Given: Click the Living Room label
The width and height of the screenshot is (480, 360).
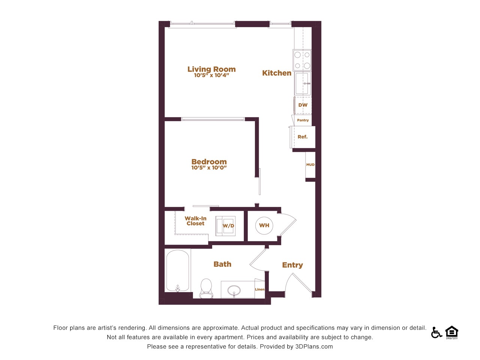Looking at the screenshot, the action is pyautogui.click(x=211, y=69).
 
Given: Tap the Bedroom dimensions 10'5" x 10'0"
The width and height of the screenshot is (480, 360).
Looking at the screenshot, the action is pyautogui.click(x=209, y=168).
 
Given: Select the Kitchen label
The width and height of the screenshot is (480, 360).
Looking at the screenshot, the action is pyautogui.click(x=277, y=73).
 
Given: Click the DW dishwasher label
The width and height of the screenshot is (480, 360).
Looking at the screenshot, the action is pyautogui.click(x=303, y=105).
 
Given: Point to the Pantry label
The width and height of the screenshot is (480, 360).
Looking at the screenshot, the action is pyautogui.click(x=303, y=120).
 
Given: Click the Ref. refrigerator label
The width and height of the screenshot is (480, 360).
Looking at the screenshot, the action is pyautogui.click(x=302, y=136).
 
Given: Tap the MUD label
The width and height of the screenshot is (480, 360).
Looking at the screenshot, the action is pyautogui.click(x=310, y=165).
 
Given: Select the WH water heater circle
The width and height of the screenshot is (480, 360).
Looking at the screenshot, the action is pyautogui.click(x=264, y=225).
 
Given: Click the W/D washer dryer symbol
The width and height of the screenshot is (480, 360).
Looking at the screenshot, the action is pyautogui.click(x=225, y=226).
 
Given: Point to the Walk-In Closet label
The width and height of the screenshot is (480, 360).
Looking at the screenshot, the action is pyautogui.click(x=195, y=221).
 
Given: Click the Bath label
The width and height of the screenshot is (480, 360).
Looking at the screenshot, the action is pyautogui.click(x=222, y=264).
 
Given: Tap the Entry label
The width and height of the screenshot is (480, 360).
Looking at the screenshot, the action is pyautogui.click(x=292, y=265).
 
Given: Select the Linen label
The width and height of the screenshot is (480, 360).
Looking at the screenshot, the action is pyautogui.click(x=259, y=289).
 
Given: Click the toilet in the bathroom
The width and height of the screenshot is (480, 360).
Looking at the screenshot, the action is pyautogui.click(x=206, y=288).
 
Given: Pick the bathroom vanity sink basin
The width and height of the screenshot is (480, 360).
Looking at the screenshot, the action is pyautogui.click(x=234, y=291).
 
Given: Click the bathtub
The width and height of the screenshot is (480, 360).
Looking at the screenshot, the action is pyautogui.click(x=178, y=271).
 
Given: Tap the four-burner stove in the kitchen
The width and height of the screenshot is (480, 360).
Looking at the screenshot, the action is pyautogui.click(x=302, y=60).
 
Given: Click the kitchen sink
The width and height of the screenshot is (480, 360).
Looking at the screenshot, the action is pyautogui.click(x=302, y=83).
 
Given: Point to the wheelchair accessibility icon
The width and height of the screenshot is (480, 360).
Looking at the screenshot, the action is pyautogui.click(x=436, y=332).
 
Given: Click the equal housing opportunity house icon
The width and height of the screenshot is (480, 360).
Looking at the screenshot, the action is pyautogui.click(x=452, y=332).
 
